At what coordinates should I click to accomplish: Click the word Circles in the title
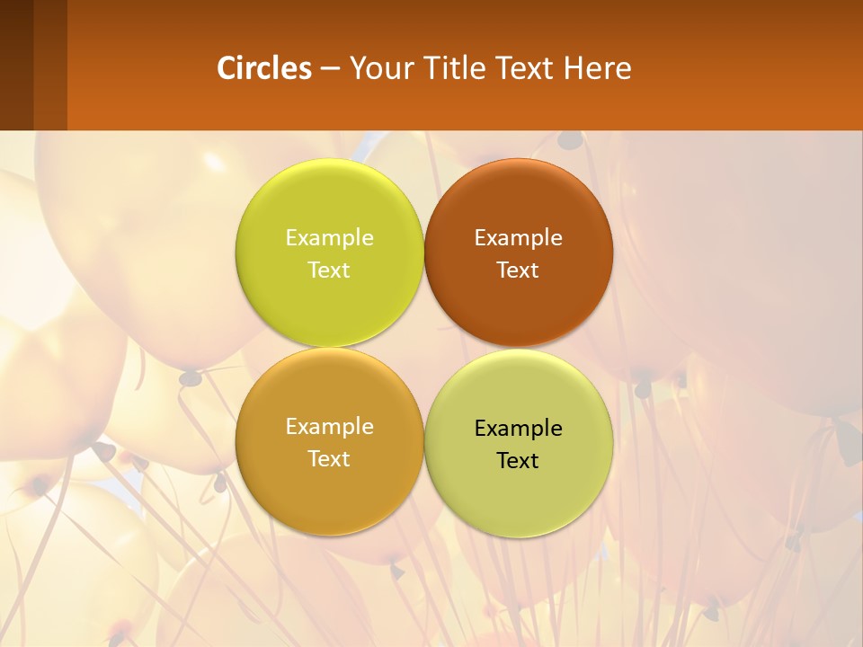point(264,68)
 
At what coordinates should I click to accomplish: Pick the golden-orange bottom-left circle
point(329,490)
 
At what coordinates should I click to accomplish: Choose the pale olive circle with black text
point(518,494)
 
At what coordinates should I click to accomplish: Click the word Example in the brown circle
point(518,237)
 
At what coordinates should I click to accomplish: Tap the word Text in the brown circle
point(518,270)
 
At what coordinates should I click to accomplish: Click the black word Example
point(518,428)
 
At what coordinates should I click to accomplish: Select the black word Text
point(518,460)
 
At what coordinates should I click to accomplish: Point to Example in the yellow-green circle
point(329,237)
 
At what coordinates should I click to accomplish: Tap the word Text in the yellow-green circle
point(329,270)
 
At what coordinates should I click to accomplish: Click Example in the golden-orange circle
point(329,426)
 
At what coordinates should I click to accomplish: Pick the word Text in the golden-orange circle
point(329,458)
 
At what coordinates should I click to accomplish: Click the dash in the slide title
point(330,69)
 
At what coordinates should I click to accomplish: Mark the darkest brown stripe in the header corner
point(16,65)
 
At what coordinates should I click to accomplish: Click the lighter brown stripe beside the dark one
point(50,65)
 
